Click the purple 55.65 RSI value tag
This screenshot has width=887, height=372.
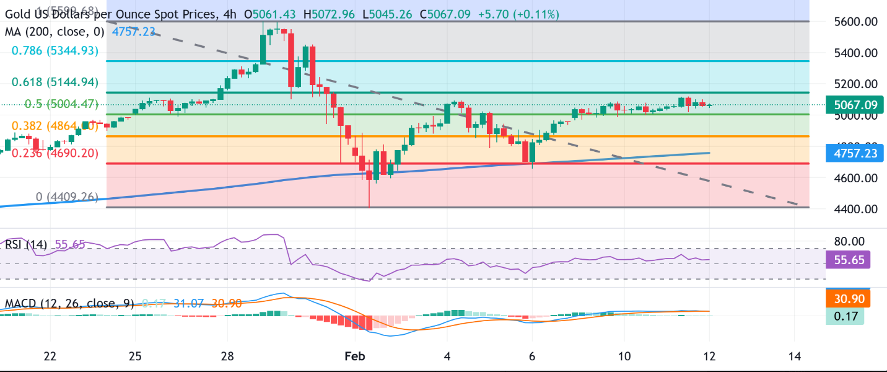click(848, 259)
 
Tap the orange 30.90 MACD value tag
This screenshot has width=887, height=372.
click(848, 299)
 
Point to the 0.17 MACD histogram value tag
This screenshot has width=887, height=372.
click(844, 316)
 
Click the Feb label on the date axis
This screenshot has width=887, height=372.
click(355, 356)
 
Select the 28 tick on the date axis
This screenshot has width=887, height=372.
click(227, 356)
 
